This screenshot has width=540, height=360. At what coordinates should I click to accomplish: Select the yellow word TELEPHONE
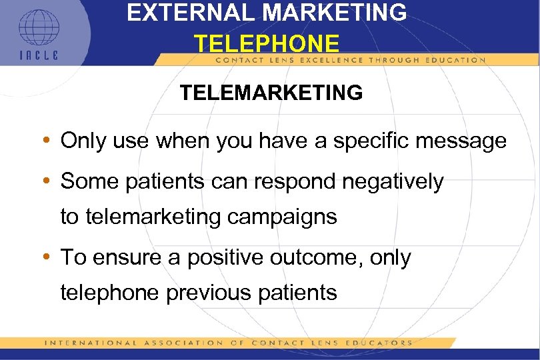click(267, 44)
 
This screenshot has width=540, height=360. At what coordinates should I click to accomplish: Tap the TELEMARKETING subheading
click(271, 92)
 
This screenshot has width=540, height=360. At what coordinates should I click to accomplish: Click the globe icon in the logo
click(39, 26)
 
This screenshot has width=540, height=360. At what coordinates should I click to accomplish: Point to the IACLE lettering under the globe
click(38, 55)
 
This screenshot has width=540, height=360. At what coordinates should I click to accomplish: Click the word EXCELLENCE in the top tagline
click(342, 60)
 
